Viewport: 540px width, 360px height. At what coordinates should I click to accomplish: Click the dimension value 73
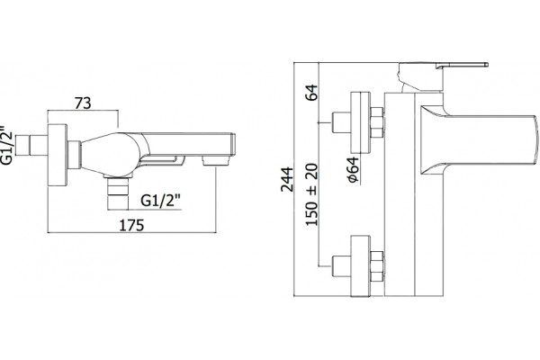[83, 103]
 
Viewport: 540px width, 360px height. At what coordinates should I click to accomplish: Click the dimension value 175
[131, 225]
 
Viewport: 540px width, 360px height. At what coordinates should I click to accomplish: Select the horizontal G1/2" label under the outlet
[161, 201]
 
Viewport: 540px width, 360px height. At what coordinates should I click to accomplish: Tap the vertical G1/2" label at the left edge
[6, 145]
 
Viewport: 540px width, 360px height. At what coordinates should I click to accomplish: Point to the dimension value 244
[287, 179]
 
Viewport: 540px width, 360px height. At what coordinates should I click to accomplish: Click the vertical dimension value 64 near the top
[312, 92]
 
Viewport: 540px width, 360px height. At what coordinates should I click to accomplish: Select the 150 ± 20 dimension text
[311, 194]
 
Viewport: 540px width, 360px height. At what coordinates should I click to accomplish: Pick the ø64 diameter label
[353, 169]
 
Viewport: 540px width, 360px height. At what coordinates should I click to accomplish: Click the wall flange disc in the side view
[58, 155]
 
